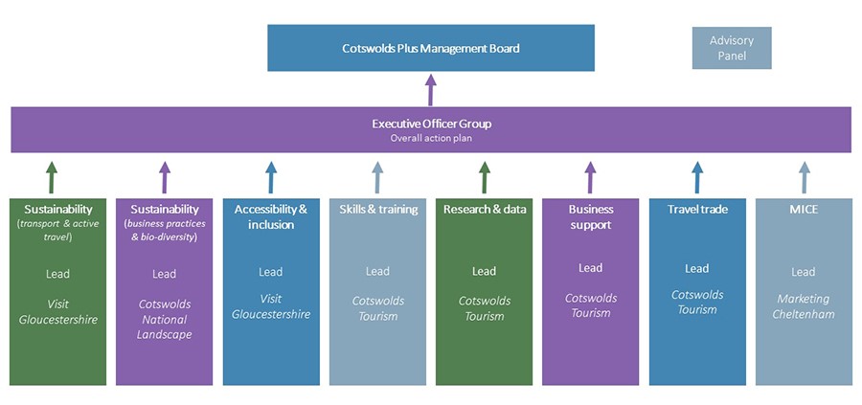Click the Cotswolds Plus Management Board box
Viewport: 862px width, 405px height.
coord(430,48)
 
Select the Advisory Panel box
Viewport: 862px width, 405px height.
coord(731,48)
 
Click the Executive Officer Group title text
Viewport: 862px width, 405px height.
coord(431,124)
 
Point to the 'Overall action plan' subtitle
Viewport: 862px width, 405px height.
coord(431,138)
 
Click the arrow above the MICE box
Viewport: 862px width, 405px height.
coord(804,177)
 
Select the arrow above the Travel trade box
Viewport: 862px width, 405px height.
coord(697,177)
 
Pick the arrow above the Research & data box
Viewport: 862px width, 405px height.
coord(484,177)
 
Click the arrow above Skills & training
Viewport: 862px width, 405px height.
coord(377,177)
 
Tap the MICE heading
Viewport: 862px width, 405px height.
coord(804,209)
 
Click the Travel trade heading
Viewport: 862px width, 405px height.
coord(696,209)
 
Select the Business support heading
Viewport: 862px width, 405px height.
coord(590,216)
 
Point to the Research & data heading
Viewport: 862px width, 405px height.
coord(484,209)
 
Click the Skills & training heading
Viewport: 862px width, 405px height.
coord(377,209)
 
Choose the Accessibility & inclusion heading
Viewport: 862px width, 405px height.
coord(271,216)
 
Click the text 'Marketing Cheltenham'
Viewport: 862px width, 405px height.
coord(804,306)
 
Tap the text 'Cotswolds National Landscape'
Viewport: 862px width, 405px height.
coord(165,319)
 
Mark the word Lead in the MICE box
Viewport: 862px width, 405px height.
coord(804,272)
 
